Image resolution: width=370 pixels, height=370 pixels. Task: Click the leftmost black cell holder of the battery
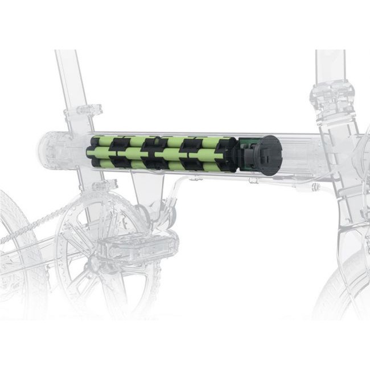tap(91, 154)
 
